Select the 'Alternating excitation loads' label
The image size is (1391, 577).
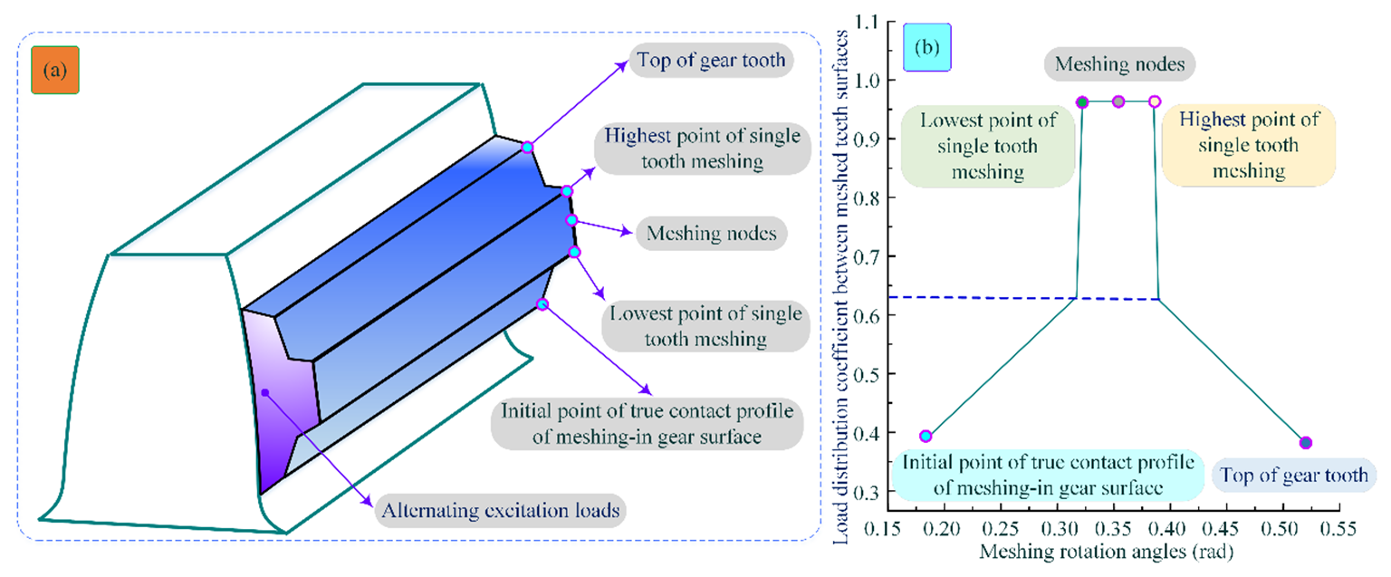pyautogui.click(x=501, y=510)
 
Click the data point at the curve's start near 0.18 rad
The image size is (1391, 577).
pyautogui.click(x=926, y=436)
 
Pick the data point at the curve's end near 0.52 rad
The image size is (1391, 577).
pyautogui.click(x=1305, y=442)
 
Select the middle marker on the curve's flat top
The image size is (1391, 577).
pyautogui.click(x=1118, y=101)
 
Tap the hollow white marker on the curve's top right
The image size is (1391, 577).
pyautogui.click(x=1155, y=101)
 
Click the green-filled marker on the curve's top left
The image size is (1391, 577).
pyautogui.click(x=1082, y=101)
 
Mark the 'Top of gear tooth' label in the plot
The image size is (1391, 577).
pyautogui.click(x=1293, y=475)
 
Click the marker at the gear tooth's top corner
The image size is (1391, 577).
pyautogui.click(x=527, y=147)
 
